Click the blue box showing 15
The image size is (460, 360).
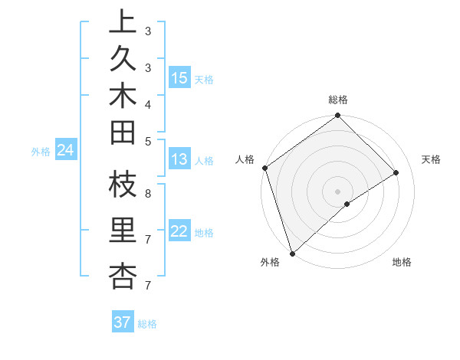point(179,78)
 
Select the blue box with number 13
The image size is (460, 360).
point(179,159)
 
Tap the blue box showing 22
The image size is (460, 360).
point(179,232)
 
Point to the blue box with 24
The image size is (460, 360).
point(66,151)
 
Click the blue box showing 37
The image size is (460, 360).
point(123,322)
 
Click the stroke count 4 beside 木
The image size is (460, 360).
point(147,103)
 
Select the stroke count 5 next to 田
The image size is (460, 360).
point(147,141)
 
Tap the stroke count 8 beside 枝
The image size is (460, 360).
point(147,194)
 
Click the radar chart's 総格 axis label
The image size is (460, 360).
point(338,100)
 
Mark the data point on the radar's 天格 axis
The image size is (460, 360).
point(396,173)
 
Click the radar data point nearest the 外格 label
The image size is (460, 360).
point(292,253)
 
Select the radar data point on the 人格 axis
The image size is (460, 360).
point(264,168)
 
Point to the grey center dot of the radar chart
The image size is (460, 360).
point(338,191)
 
